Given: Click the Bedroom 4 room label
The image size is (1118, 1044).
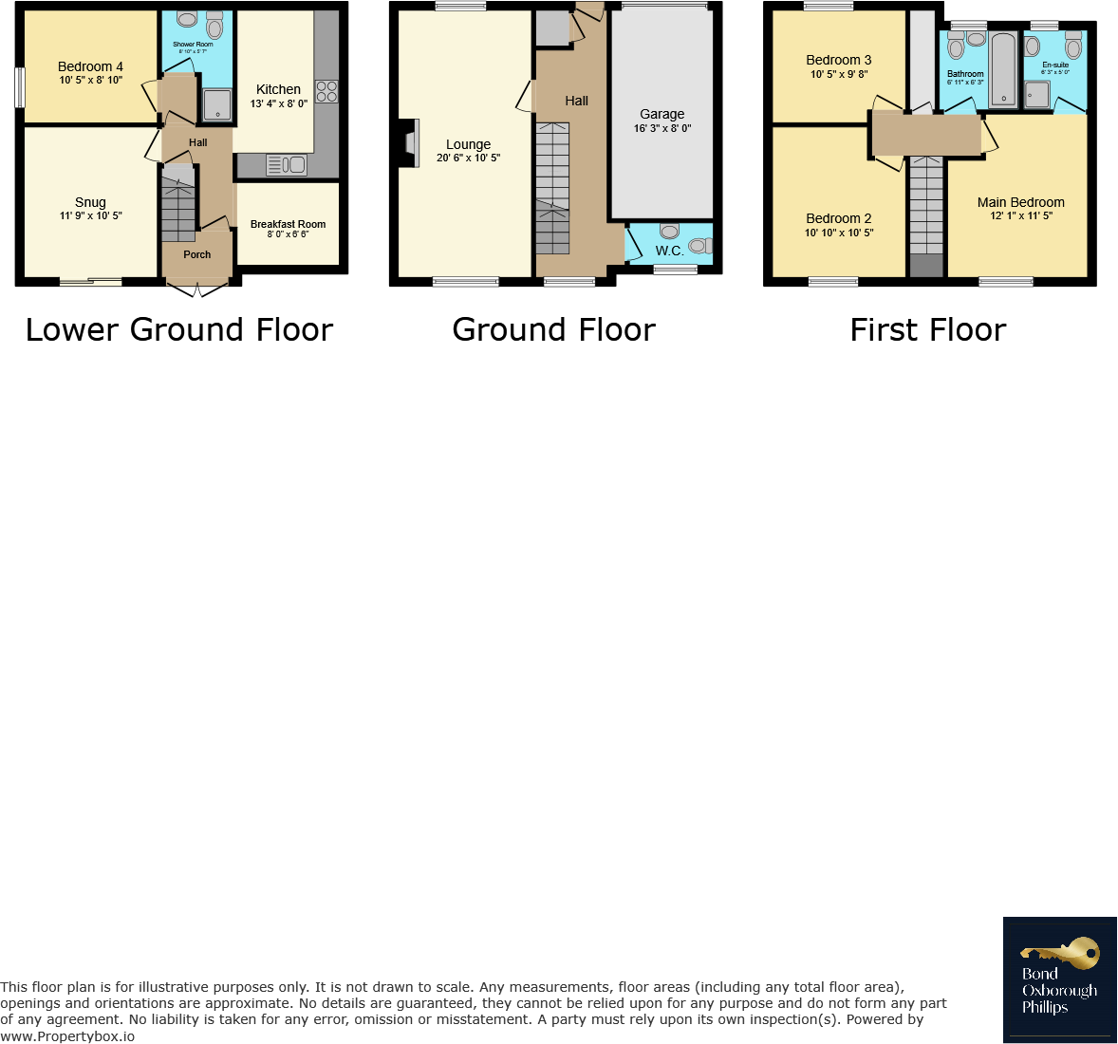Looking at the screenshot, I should click(90, 66).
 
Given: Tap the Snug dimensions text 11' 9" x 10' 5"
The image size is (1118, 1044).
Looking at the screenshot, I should click(90, 216).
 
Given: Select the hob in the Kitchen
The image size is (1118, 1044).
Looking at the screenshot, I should click(326, 91).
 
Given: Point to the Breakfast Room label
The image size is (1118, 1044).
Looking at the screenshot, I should click(288, 224).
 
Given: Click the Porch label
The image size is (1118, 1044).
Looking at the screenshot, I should click(196, 254).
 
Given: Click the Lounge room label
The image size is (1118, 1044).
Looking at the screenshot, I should click(468, 144).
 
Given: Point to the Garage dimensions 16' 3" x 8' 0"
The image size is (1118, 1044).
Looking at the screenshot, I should click(661, 128).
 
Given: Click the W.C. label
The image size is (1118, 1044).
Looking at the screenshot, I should click(669, 251).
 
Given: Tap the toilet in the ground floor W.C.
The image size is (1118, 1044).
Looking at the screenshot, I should click(699, 247).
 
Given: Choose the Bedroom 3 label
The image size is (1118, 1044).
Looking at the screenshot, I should click(838, 60).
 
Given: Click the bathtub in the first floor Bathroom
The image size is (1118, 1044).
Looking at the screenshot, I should click(1004, 69).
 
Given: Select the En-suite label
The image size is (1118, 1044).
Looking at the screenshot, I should click(1054, 65).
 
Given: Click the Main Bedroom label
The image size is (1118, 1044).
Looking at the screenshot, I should click(1020, 202).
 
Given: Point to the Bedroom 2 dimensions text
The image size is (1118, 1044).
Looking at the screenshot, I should click(838, 233).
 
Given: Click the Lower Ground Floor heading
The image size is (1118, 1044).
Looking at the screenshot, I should click(179, 329).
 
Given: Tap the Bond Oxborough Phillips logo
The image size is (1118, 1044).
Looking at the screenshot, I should click(1059, 979).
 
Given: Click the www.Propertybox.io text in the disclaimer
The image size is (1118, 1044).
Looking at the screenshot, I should click(67, 1035).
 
